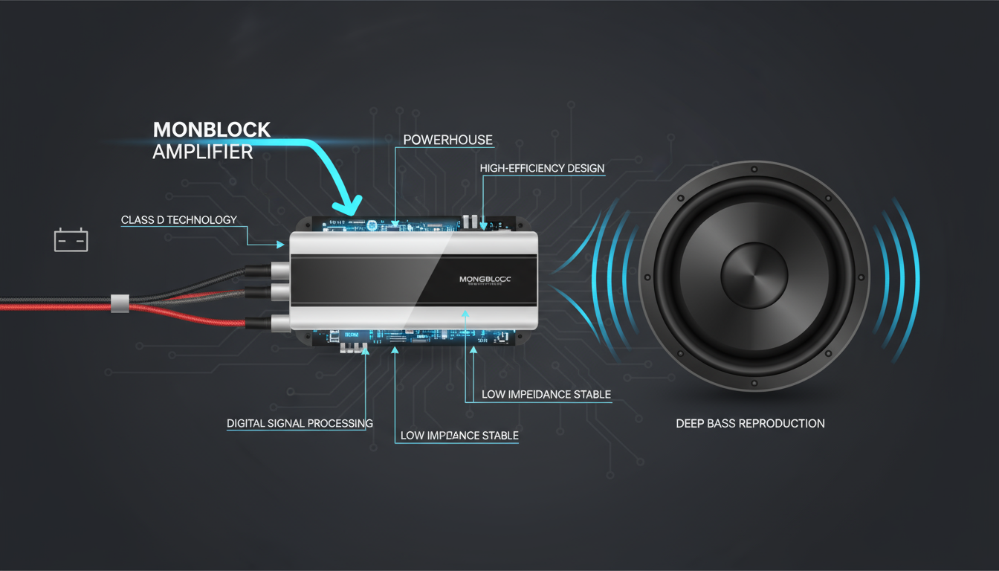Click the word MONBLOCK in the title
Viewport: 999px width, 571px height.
point(211,129)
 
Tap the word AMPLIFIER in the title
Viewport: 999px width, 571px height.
point(202,152)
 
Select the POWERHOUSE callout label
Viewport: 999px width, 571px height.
point(447,140)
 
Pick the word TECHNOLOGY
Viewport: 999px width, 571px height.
point(203,220)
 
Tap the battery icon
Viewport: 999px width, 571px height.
point(71,240)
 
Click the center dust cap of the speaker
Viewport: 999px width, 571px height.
point(754,274)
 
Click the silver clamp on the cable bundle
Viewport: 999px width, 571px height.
point(119,303)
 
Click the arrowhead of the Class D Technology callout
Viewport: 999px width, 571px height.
point(280,244)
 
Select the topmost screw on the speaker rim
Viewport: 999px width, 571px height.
point(754,170)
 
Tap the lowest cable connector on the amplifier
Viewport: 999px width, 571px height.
point(279,323)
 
